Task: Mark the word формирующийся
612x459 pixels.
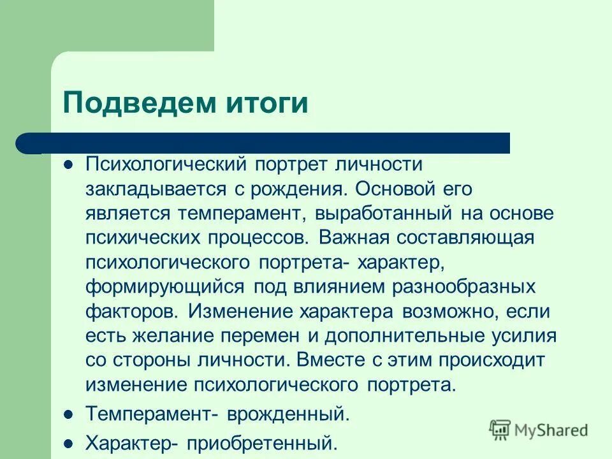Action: tap(164, 286)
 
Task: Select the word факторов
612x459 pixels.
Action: tap(132, 311)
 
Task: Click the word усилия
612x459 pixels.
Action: tap(526, 335)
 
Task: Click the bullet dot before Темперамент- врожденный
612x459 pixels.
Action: tap(69, 414)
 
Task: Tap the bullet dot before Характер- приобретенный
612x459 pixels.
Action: tap(69, 441)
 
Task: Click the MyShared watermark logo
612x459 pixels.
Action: tap(539, 429)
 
